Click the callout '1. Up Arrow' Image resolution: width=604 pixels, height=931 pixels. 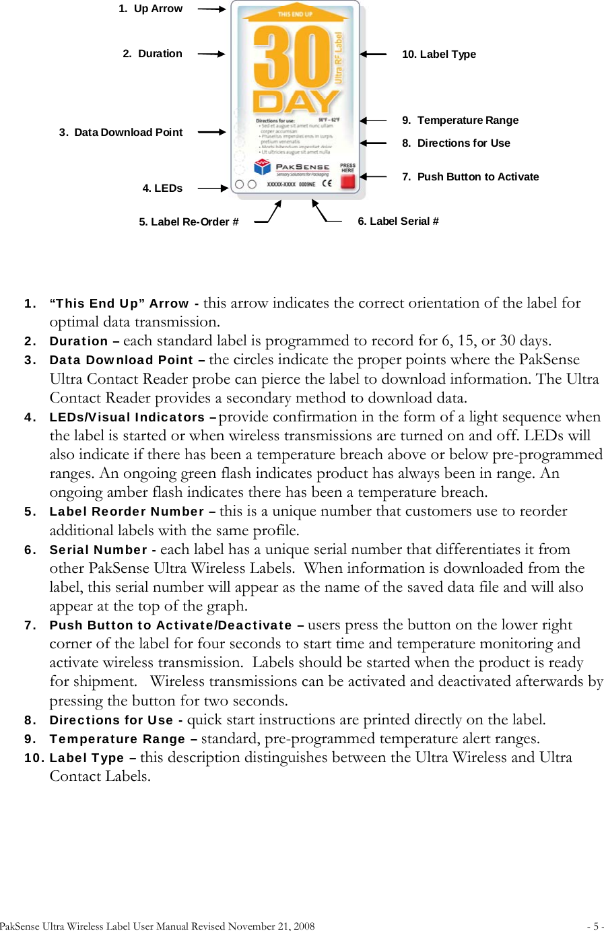150,9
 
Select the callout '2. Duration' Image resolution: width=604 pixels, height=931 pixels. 152,54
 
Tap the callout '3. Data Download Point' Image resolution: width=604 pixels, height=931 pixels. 121,133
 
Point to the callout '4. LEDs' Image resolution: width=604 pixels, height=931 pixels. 162,188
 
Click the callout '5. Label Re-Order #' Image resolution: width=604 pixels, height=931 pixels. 189,222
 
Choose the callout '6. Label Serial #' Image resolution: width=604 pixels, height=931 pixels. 398,221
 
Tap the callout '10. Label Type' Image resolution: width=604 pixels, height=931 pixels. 438,55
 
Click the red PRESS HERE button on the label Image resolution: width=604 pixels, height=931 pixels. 347,180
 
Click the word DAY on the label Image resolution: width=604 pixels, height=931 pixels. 295,102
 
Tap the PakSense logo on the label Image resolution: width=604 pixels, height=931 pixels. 292,167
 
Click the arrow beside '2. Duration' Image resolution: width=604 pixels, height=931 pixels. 211,54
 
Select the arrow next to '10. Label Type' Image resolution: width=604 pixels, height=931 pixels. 373,54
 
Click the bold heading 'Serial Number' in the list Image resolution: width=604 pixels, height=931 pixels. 98,550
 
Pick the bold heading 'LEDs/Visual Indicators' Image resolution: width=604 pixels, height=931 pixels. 127,417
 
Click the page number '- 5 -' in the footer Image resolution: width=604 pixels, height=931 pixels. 595,926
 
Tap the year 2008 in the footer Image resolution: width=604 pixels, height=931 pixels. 304,926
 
